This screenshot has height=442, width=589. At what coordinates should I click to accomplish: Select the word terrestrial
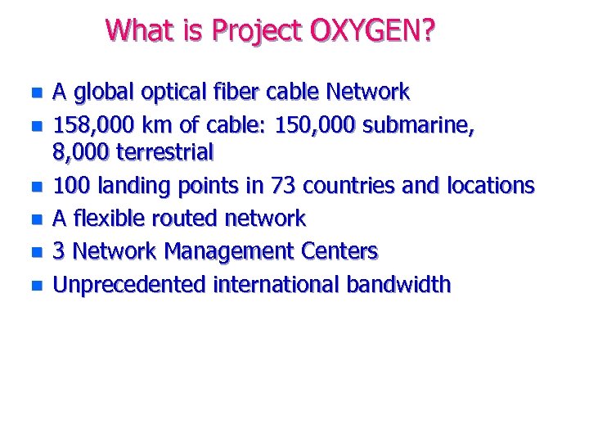point(165,152)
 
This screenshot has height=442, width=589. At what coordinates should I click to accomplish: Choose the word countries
point(350,186)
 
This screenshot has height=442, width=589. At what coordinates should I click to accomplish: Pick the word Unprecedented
point(129,285)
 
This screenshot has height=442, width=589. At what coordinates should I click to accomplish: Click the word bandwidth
point(398,285)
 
